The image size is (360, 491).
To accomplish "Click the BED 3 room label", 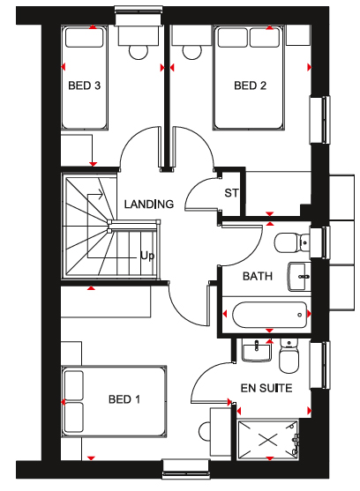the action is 85,86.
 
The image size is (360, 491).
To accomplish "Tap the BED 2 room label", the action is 250,86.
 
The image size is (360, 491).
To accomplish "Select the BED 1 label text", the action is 124,399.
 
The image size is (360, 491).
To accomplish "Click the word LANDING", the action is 149,205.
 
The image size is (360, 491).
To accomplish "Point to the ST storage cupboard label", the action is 231,193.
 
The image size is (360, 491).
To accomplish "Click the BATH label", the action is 258,276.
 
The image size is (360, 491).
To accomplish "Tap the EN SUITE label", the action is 266,388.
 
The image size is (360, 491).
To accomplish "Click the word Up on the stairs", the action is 147,257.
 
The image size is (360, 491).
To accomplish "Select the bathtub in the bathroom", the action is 269,315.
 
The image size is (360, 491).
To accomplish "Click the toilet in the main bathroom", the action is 292,242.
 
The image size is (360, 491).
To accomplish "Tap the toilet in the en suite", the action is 289,356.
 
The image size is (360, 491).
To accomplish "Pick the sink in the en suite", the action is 256,352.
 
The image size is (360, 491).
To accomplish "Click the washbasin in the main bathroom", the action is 299,277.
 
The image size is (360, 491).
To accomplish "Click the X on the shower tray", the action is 268,440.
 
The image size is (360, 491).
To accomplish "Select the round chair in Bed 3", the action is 139,52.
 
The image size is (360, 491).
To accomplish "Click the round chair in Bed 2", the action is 192,52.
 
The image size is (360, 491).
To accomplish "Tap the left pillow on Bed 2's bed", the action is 232,38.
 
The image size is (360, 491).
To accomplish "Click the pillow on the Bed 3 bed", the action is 85,38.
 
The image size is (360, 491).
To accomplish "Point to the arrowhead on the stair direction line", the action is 101,195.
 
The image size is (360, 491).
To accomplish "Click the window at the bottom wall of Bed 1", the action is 186,469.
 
